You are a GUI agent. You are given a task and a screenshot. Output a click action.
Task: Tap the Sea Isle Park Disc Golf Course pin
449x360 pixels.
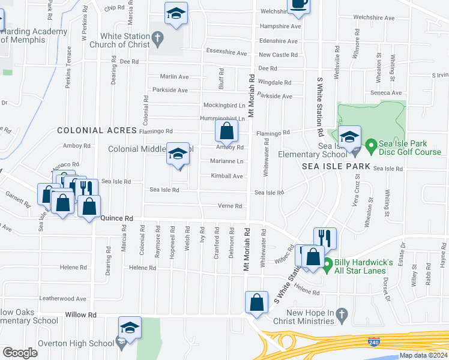tap(372, 145)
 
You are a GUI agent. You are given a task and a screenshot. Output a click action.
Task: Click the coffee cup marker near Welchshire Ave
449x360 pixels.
tap(298, 4)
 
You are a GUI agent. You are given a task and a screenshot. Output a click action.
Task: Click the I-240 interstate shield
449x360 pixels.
tap(373, 341)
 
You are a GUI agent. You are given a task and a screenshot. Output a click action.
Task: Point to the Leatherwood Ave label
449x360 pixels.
tap(63, 298)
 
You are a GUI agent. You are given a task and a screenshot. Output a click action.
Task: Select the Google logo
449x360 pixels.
tap(20, 353)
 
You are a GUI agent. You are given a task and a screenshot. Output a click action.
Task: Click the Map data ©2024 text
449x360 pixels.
tap(423, 355)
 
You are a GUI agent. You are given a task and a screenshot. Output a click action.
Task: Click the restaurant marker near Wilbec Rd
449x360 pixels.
tap(324, 238)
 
